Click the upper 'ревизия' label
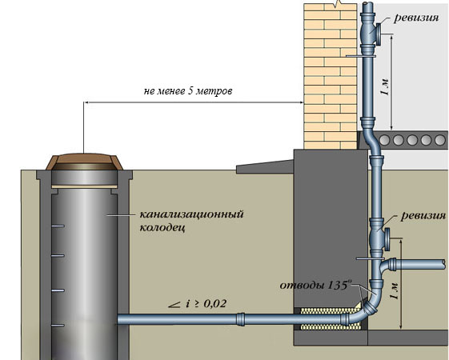pos(416,18)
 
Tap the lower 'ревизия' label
pos(423,215)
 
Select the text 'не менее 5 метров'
pos(188,91)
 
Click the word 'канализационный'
pos(191,214)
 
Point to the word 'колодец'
pos(162,227)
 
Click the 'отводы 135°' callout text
pos(315,286)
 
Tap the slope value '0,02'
pos(215,303)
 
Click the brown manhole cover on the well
pos(85,162)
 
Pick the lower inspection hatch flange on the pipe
pos(387,239)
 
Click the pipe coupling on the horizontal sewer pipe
pos(241,319)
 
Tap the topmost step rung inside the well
pos(58,226)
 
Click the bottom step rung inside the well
pos(58,326)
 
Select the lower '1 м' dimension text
pos(395,290)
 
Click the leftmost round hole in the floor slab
pos(384,140)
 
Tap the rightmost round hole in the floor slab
pos(440,140)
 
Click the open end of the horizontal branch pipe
pos(443,264)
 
